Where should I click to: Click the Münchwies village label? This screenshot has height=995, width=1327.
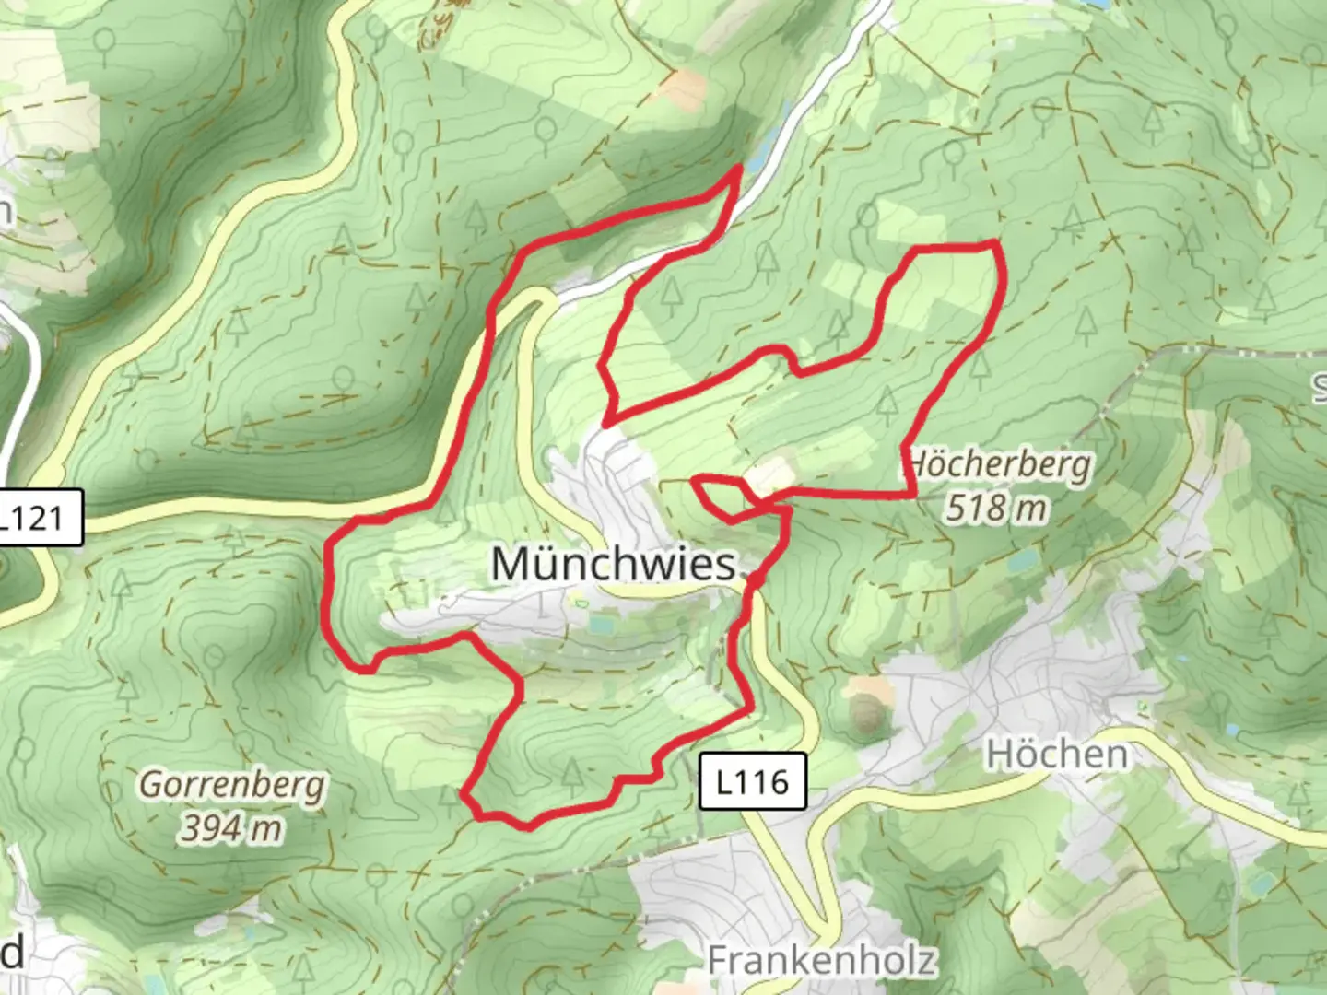614,563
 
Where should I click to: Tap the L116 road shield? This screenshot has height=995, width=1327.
752,782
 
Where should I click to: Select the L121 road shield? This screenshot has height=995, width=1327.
37,518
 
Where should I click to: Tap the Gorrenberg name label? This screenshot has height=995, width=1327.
232,786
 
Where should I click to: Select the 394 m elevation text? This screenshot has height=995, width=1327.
230,827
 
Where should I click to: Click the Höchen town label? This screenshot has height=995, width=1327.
1057,755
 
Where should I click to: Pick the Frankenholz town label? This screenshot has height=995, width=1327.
821,960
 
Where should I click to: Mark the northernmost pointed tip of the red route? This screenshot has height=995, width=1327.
740,168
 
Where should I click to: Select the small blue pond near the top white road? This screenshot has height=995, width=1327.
757,162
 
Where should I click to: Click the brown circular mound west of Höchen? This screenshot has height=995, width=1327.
865,711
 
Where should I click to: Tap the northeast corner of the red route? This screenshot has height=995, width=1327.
993,243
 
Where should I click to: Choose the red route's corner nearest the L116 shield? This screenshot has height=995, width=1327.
749,708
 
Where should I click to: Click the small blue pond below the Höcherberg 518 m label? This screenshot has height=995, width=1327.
1020,559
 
